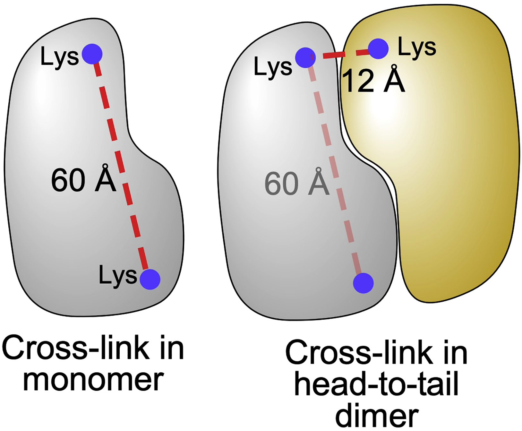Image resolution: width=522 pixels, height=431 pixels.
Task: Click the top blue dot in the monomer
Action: [92, 54]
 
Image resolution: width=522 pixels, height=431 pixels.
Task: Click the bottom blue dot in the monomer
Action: [150, 279]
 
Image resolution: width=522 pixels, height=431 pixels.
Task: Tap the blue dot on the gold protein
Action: [378, 49]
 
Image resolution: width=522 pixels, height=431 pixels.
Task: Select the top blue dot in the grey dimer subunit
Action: [305, 57]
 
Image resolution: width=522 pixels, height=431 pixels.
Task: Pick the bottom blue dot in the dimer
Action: [363, 283]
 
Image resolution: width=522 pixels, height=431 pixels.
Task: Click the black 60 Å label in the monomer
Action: [83, 180]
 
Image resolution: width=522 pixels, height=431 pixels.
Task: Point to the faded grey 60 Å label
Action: [296, 183]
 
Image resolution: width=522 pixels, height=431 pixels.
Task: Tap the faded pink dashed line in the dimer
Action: [334, 167]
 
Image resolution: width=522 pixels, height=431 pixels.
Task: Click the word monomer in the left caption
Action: [93, 380]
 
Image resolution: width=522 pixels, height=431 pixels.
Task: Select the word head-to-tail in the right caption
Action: [376, 384]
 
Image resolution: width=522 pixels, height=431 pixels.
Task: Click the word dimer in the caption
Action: [377, 416]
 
